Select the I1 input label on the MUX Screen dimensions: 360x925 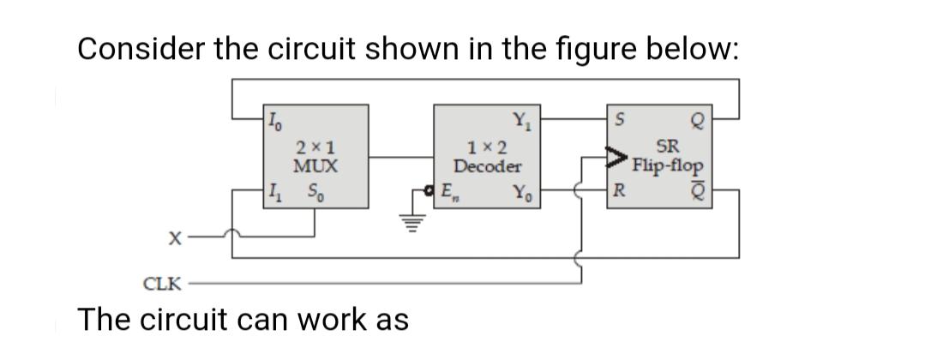[x=272, y=190]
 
